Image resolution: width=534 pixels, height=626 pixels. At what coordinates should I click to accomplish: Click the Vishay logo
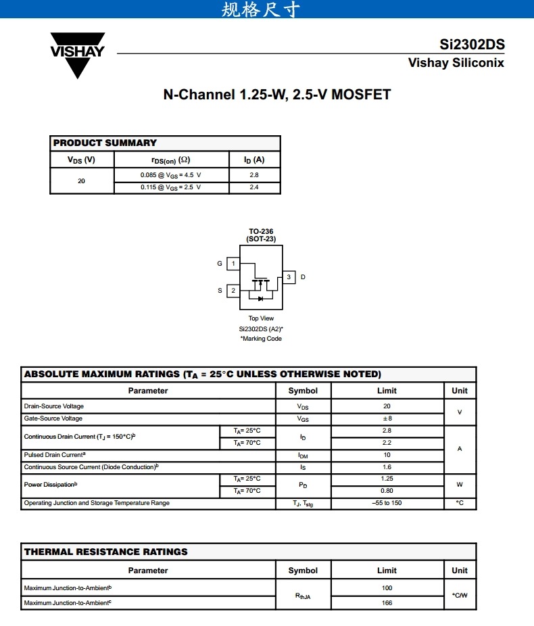tap(78, 54)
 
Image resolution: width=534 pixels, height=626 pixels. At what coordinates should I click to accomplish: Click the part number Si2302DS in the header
tap(472, 45)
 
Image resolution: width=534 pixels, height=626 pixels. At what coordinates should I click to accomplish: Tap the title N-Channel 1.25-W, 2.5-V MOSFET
tap(276, 95)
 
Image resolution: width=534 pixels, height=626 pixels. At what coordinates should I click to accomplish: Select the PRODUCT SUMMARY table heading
tap(105, 143)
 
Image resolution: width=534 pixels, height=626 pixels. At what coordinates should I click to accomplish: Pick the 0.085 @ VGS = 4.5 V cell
tap(171, 175)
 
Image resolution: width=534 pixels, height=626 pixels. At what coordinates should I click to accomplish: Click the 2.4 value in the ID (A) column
tap(254, 187)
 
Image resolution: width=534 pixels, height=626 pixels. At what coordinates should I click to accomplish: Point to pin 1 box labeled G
tap(233, 264)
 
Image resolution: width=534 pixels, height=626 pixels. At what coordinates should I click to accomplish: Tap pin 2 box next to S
tap(233, 291)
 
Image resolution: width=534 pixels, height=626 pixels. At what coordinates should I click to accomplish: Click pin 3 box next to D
tap(289, 277)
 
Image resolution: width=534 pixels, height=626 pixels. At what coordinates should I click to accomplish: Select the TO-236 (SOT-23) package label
tap(261, 235)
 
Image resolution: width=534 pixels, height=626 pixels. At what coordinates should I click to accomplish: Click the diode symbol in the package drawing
tap(260, 298)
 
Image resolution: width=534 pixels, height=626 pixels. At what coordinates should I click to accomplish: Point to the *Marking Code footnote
tap(261, 339)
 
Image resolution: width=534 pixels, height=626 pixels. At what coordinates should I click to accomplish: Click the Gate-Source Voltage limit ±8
tap(387, 418)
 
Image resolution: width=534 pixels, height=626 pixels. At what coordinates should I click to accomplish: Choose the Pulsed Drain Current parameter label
tap(55, 455)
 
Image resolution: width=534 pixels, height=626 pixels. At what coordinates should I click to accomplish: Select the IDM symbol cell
tap(303, 456)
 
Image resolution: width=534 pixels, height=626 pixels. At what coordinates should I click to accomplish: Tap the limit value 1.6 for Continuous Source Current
tap(387, 467)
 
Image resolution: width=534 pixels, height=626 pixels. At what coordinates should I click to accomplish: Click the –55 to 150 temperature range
tap(387, 503)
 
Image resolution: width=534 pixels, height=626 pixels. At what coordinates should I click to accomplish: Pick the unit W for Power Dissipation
tap(460, 485)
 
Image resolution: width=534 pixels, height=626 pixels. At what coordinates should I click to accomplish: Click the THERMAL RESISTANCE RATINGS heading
tap(106, 552)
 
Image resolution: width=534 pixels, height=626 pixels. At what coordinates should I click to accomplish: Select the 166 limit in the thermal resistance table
tap(387, 603)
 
